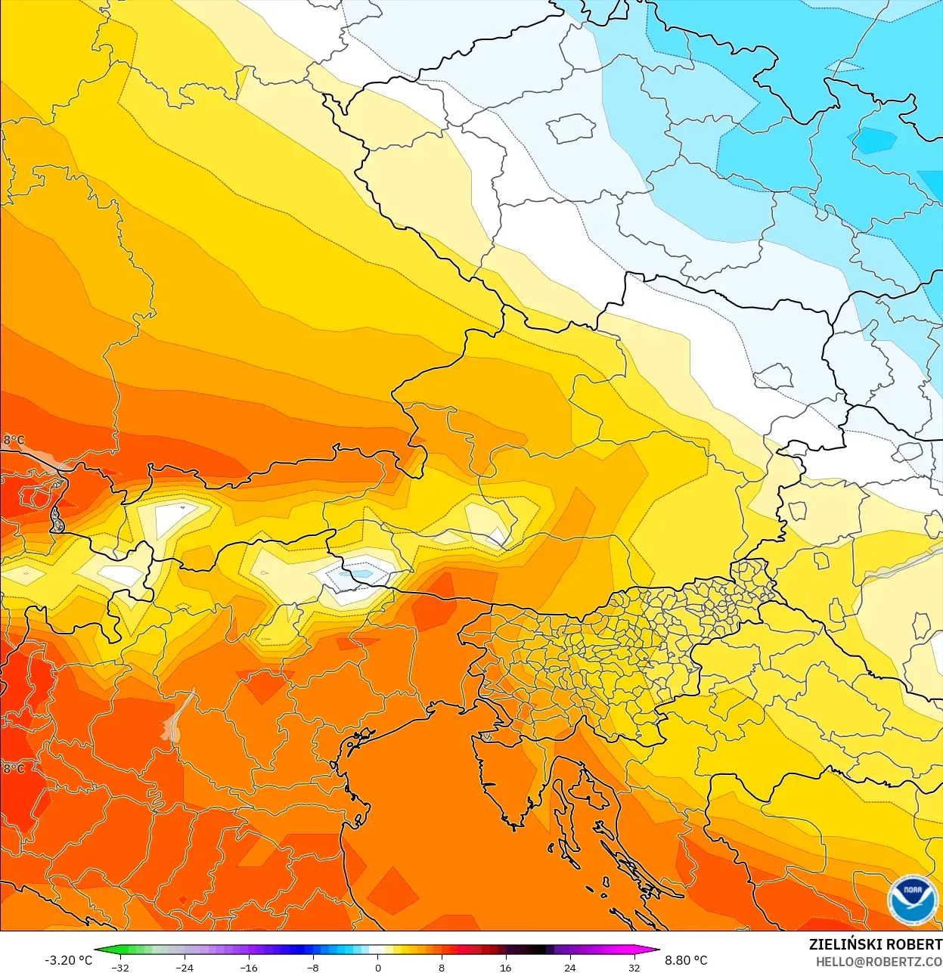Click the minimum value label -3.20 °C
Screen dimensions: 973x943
pyautogui.click(x=69, y=960)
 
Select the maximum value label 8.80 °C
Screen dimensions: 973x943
pyautogui.click(x=686, y=960)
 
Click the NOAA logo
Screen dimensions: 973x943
pyautogui.click(x=913, y=900)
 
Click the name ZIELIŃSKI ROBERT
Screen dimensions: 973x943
pyautogui.click(x=875, y=944)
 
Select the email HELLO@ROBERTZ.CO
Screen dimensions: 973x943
pyautogui.click(x=879, y=962)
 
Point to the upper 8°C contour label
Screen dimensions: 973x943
pyautogui.click(x=14, y=440)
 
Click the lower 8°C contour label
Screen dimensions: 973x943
pyautogui.click(x=14, y=768)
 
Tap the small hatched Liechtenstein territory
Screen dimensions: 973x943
pyautogui.click(x=57, y=519)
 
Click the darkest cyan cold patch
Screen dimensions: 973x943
pyautogui.click(x=874, y=141)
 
